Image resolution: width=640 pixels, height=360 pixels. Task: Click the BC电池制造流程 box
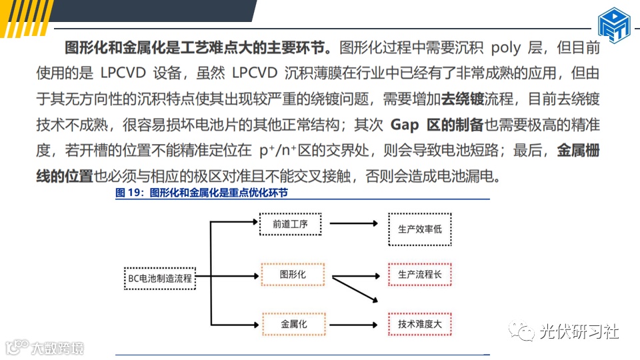pos(159,278)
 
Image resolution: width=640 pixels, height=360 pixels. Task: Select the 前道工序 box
pos(289,225)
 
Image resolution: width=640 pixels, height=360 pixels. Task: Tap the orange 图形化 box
pos(293,275)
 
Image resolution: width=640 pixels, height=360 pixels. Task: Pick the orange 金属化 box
pos(293,324)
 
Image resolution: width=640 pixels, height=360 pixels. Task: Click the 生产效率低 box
pos(419,229)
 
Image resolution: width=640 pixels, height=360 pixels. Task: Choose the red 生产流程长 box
pos(419,275)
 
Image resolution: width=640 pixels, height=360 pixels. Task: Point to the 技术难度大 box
pos(419,324)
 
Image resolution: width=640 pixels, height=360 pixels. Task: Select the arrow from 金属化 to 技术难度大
pos(357,324)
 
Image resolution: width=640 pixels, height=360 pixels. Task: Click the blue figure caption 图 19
pos(201,193)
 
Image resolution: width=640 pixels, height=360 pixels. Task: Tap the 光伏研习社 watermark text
pos(579,331)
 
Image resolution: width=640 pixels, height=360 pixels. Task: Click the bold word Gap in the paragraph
pos(404,125)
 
